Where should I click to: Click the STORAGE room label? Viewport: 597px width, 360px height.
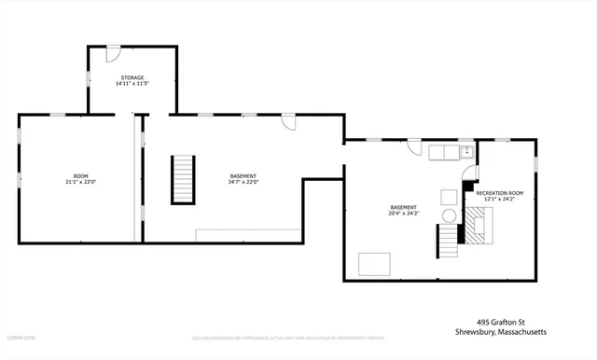point(132,76)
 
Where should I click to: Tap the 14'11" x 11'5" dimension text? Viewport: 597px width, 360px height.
point(132,84)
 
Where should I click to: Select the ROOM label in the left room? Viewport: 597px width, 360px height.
point(80,175)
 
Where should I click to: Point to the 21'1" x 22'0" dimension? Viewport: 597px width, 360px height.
point(80,183)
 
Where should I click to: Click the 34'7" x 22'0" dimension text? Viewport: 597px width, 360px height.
point(243,183)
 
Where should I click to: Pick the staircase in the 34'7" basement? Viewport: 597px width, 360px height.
point(183,180)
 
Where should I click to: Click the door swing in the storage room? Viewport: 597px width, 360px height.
point(113,51)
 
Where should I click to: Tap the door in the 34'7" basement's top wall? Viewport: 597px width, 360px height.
point(289,122)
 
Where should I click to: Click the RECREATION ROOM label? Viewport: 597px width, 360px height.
point(500,193)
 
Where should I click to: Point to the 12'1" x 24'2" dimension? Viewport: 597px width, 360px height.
point(500,200)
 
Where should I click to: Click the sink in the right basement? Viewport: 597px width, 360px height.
point(466,152)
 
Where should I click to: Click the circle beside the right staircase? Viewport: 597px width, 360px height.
point(450,215)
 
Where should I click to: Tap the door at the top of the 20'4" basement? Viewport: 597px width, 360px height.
point(413,146)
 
